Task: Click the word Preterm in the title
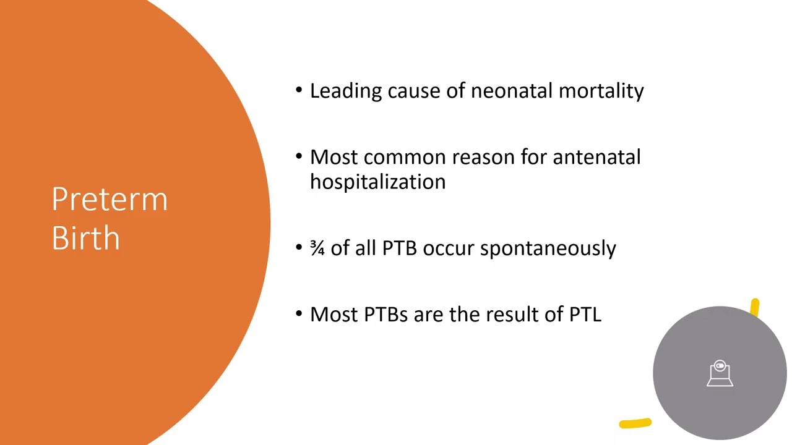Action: click(x=110, y=200)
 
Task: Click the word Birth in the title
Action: click(x=85, y=237)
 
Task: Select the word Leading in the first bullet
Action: click(x=346, y=91)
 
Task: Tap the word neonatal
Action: click(x=512, y=91)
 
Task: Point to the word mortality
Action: click(x=601, y=91)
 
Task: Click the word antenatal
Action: click(x=596, y=157)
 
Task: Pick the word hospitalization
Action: click(x=377, y=182)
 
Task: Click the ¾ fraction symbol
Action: click(x=317, y=248)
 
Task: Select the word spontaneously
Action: click(x=548, y=248)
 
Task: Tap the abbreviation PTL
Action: click(x=585, y=314)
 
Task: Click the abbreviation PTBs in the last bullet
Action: click(x=385, y=314)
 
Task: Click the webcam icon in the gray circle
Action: click(x=720, y=374)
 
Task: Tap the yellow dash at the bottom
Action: click(x=635, y=423)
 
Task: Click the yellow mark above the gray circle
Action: click(x=755, y=307)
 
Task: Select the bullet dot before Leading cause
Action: click(x=299, y=91)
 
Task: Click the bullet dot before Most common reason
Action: click(x=299, y=157)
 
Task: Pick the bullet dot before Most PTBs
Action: click(x=299, y=314)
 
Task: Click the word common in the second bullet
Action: click(x=405, y=157)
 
